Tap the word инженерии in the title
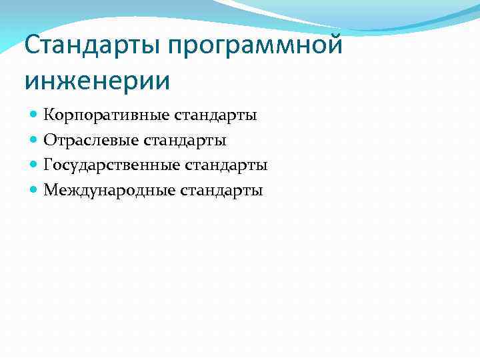click(x=97, y=81)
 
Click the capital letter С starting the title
click(x=32, y=46)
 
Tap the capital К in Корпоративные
click(x=49, y=115)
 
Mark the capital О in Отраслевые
click(x=49, y=140)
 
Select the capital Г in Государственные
click(x=48, y=165)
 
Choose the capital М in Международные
click(x=50, y=190)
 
